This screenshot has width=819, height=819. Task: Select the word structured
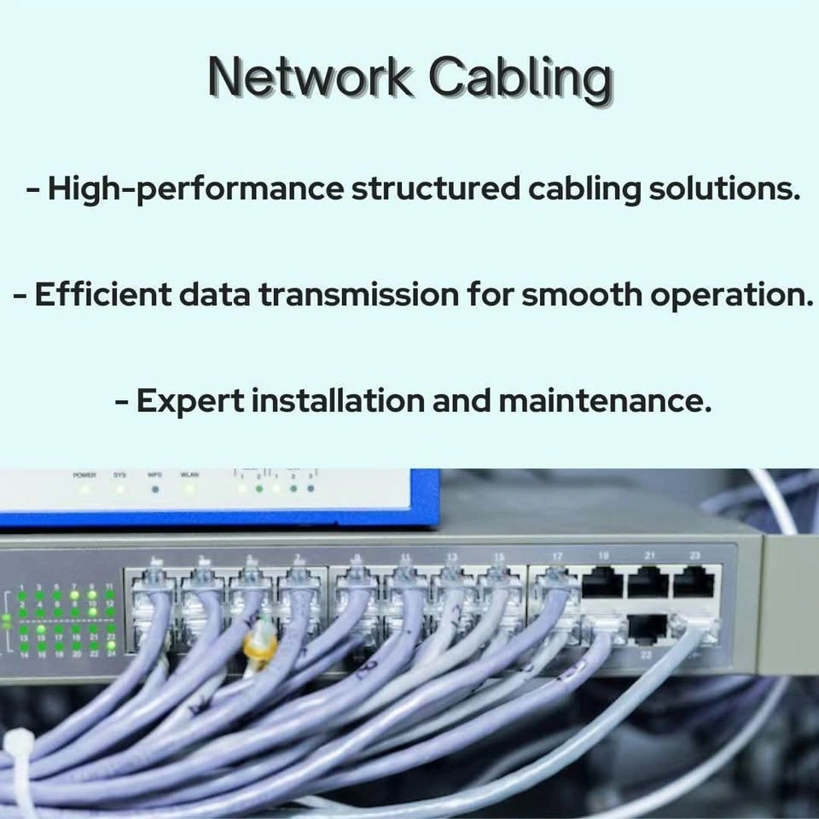[436, 189]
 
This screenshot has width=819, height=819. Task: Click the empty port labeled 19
[603, 584]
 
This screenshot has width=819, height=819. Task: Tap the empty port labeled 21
[648, 584]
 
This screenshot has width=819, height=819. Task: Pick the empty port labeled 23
[694, 584]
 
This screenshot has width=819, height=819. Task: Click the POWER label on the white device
[84, 474]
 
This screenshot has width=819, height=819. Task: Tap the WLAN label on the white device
[189, 474]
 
